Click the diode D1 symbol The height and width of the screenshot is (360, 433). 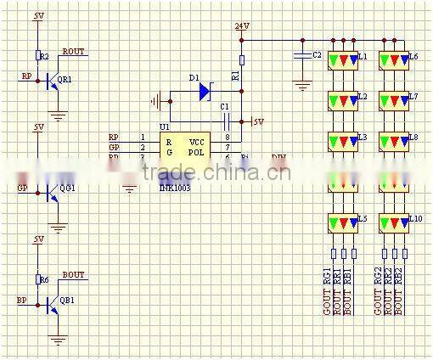[x=205, y=92]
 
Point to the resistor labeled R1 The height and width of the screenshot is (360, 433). [x=241, y=60]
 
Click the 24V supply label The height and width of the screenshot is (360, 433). [x=242, y=26]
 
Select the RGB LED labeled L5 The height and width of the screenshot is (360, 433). [x=343, y=223]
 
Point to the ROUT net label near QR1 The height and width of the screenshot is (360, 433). [x=74, y=51]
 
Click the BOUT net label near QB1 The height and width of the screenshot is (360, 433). [x=74, y=275]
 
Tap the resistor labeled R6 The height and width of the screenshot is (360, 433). [x=38, y=279]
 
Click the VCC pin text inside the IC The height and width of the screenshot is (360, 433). [x=196, y=141]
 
